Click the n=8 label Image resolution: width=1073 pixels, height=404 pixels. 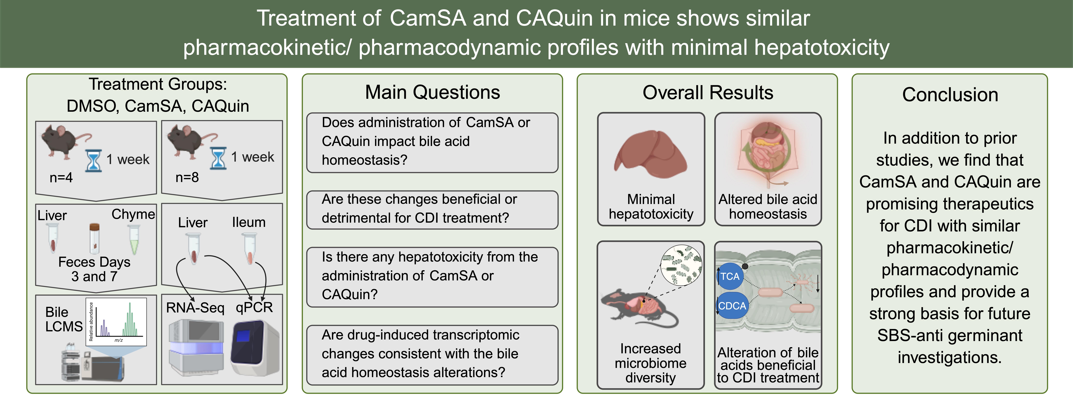coord(187,178)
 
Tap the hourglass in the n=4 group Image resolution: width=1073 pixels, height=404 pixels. coord(93,161)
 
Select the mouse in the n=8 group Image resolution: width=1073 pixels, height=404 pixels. coord(191,142)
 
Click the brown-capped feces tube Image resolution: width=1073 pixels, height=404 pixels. coord(95,238)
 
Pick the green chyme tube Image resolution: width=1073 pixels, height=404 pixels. coord(134,239)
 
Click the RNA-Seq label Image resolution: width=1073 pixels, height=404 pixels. coord(195,308)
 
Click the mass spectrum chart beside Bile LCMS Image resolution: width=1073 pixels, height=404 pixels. coord(116,322)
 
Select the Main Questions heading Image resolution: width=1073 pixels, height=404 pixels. coord(432,92)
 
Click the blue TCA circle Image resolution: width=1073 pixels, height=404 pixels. coord(730,277)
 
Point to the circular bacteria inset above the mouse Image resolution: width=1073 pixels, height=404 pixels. coord(681,265)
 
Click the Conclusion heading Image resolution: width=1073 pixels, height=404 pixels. coord(950,95)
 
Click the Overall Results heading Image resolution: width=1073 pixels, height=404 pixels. coord(708,92)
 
